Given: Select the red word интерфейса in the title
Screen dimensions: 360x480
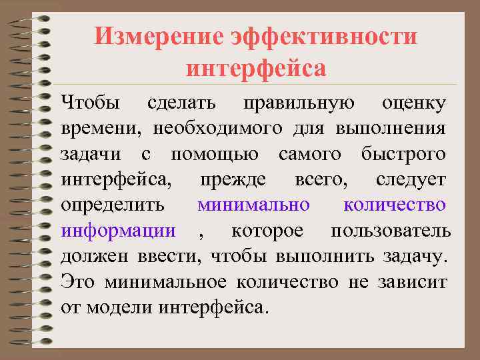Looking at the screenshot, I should click(256, 68).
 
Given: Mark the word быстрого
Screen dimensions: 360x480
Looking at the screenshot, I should click(403, 155).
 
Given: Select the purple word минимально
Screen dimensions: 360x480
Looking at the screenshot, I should click(253, 205).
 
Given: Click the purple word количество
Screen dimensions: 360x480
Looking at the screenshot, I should click(395, 205).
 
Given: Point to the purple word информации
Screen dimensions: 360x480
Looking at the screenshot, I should click(119, 231).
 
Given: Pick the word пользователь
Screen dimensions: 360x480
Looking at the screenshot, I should click(391, 231).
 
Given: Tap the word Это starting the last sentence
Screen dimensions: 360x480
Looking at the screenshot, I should click(77, 282).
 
